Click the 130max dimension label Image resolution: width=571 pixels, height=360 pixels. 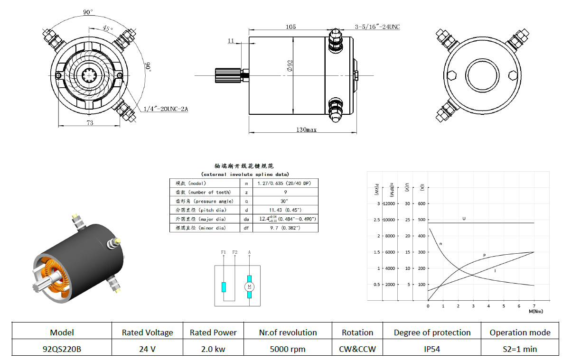(306, 129)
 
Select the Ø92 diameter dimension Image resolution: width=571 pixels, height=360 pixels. (290, 66)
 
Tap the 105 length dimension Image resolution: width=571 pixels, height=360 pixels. (290, 27)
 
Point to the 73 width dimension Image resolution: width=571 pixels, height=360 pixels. (90, 123)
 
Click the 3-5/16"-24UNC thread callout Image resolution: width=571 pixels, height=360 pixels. (377, 27)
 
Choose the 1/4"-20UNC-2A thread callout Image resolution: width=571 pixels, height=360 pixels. (166, 109)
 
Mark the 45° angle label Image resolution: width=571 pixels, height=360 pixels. (108, 28)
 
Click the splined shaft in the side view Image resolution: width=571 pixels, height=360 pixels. (228, 75)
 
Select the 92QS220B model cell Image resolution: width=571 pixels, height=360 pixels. (62, 349)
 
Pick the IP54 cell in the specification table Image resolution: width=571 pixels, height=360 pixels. (432, 349)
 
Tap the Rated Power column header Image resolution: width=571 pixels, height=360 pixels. (213, 332)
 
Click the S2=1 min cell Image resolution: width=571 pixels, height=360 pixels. (520, 349)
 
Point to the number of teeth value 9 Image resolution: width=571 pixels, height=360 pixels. (286, 192)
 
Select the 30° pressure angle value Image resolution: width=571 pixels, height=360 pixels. (284, 201)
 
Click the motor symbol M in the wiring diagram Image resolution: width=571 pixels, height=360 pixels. (249, 287)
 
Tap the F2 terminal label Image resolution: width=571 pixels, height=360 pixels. (235, 252)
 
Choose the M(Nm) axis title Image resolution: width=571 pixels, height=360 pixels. (536, 311)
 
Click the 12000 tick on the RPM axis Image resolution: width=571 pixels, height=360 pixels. (389, 203)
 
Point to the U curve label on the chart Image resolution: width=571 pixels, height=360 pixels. (464, 219)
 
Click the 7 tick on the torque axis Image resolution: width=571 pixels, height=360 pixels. (534, 306)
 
